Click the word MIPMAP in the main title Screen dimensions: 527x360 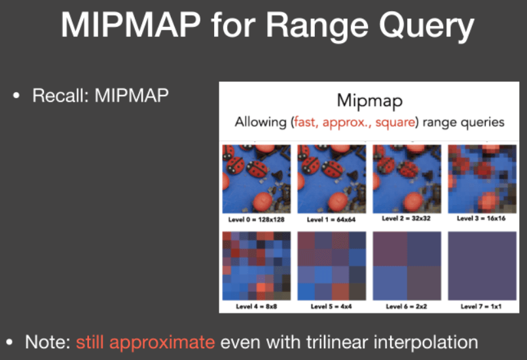click(x=131, y=26)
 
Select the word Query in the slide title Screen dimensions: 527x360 click(x=426, y=27)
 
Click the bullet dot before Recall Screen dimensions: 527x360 click(x=16, y=96)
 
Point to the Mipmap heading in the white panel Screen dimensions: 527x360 click(x=369, y=101)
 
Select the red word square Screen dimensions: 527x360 click(x=395, y=122)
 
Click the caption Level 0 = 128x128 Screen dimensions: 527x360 click(x=257, y=219)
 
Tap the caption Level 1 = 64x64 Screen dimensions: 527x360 click(x=331, y=219)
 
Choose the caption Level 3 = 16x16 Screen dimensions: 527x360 click(x=481, y=219)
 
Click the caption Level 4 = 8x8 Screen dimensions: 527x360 click(x=257, y=306)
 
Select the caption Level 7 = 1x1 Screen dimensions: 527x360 click(x=481, y=306)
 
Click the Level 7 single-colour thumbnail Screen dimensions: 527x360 click(x=482, y=266)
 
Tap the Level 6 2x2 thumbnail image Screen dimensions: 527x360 click(x=407, y=266)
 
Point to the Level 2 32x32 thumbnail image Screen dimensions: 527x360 click(x=407, y=179)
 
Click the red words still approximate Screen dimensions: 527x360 click(x=145, y=342)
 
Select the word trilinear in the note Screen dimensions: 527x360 click(x=337, y=342)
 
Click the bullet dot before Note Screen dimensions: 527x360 click(x=9, y=342)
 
